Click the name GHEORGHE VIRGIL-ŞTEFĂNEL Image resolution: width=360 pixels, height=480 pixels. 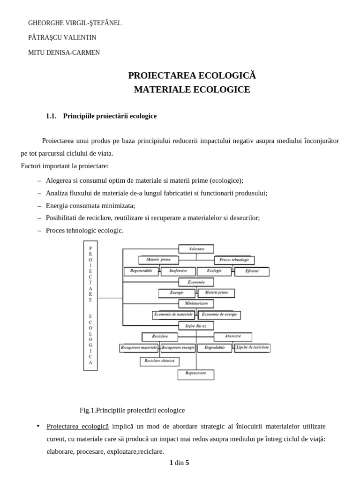coord(75,23)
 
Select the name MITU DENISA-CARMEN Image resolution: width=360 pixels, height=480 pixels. coord(64,52)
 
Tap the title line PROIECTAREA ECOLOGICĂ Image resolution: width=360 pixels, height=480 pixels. coord(192,75)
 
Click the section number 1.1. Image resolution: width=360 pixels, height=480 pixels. coord(51,116)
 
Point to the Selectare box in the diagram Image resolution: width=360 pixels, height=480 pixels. coord(196,249)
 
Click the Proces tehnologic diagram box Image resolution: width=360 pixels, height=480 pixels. coord(234,260)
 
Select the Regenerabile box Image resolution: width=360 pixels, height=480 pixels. coord(141,271)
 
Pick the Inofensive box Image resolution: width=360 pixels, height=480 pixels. coord(178,271)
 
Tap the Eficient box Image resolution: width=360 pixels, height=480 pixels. coord(252,271)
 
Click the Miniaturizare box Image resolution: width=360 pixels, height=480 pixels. coord(196,303)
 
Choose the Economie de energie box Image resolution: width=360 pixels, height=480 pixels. coord(219,315)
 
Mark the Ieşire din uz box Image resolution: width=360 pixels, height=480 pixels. coord(196,325)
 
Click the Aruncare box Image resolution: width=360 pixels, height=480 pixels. coord(233,337)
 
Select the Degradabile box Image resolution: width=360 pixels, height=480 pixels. coord(214,348)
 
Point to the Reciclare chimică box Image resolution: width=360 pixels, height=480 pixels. coord(159,361)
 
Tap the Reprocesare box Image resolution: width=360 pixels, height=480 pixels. coord(195,375)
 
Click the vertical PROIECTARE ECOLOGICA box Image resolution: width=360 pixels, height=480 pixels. coord(90,305)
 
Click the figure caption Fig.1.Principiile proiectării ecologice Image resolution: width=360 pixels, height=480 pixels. coord(132,410)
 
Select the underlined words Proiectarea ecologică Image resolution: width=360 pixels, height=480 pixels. coord(77,426)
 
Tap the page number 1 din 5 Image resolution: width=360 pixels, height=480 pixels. coord(179,463)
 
